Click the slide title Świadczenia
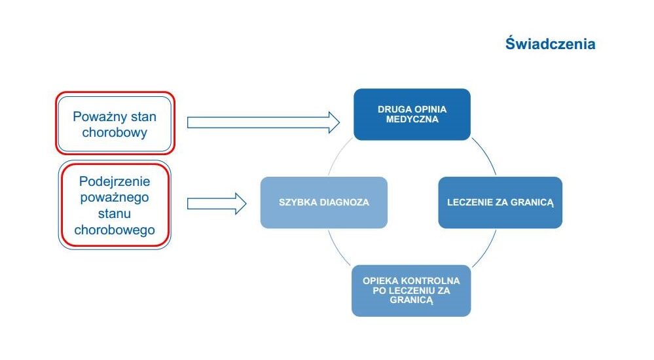pos(550,44)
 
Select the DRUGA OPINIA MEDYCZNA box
pos(412,115)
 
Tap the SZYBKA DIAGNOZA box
pos(324,202)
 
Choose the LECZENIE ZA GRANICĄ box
pos(500,202)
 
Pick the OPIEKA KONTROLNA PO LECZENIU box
pos(411,291)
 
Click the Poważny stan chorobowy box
pos(115,124)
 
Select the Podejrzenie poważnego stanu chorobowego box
pos(115,205)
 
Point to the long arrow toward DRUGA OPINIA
pos(263,122)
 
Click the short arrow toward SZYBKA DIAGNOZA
pos(217,204)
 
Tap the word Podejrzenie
pos(115,181)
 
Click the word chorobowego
pos(115,230)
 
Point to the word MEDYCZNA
pos(412,119)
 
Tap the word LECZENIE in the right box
pos(468,202)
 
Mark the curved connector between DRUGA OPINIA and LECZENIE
pos(486,154)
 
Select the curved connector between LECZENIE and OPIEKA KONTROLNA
pos(486,249)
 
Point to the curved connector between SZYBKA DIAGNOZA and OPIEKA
pos(337,249)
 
